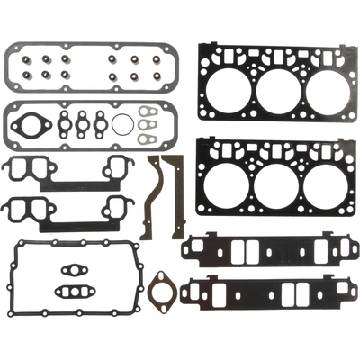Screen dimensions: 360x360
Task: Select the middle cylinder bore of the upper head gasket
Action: [x=276, y=88]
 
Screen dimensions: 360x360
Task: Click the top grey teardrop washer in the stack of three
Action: [x=149, y=113]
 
